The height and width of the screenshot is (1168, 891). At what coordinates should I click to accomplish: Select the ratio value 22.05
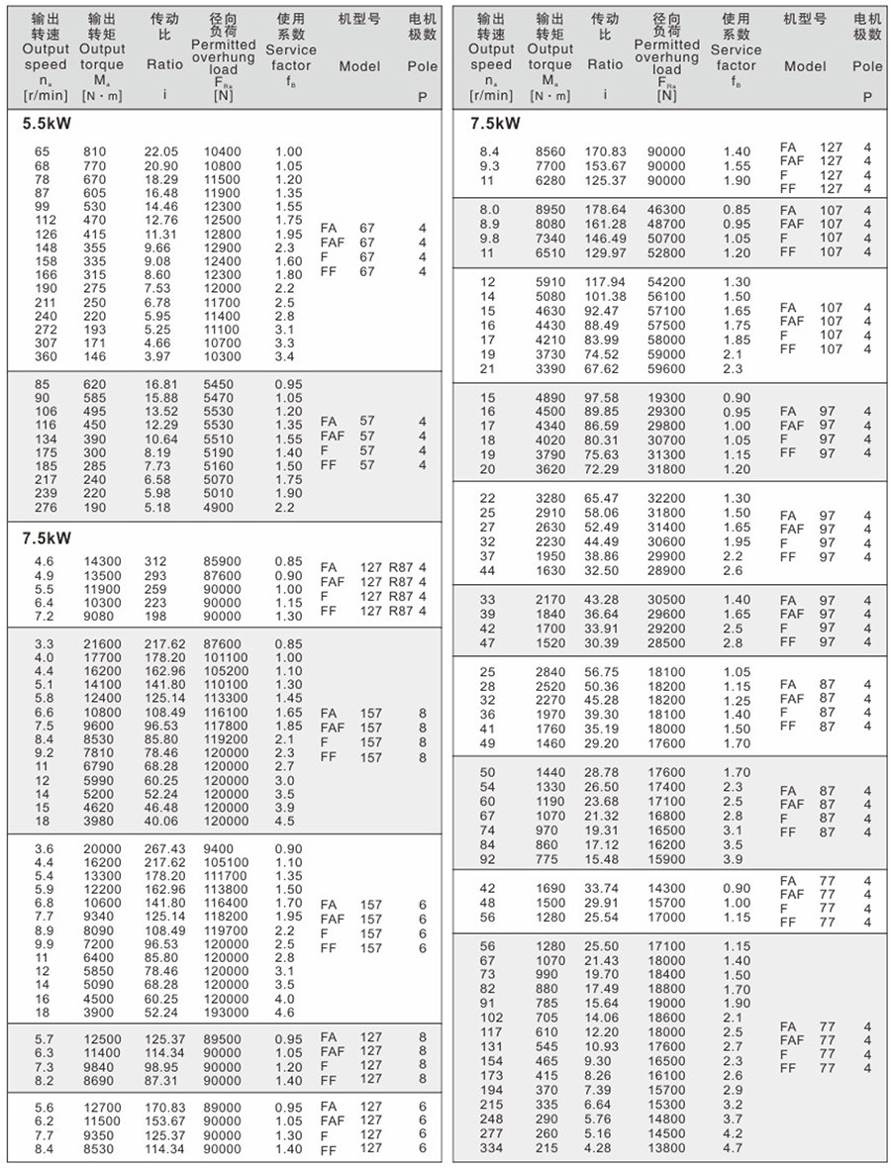click(163, 151)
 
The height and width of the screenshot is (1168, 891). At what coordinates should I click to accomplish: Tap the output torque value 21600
click(102, 643)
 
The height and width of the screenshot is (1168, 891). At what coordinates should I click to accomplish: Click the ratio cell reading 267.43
click(165, 848)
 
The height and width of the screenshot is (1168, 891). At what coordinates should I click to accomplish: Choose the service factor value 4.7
click(732, 1147)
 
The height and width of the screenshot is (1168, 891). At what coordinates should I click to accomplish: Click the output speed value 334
click(491, 1147)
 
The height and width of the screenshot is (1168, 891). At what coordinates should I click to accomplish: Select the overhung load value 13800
click(665, 1147)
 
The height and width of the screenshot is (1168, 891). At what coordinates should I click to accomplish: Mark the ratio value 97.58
click(602, 398)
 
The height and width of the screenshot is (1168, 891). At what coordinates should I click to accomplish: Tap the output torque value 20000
click(102, 848)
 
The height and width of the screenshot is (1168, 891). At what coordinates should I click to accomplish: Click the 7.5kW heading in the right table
click(496, 124)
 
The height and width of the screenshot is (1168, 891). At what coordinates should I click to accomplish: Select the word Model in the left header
click(359, 66)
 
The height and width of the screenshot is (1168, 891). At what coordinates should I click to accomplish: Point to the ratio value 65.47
click(602, 499)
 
